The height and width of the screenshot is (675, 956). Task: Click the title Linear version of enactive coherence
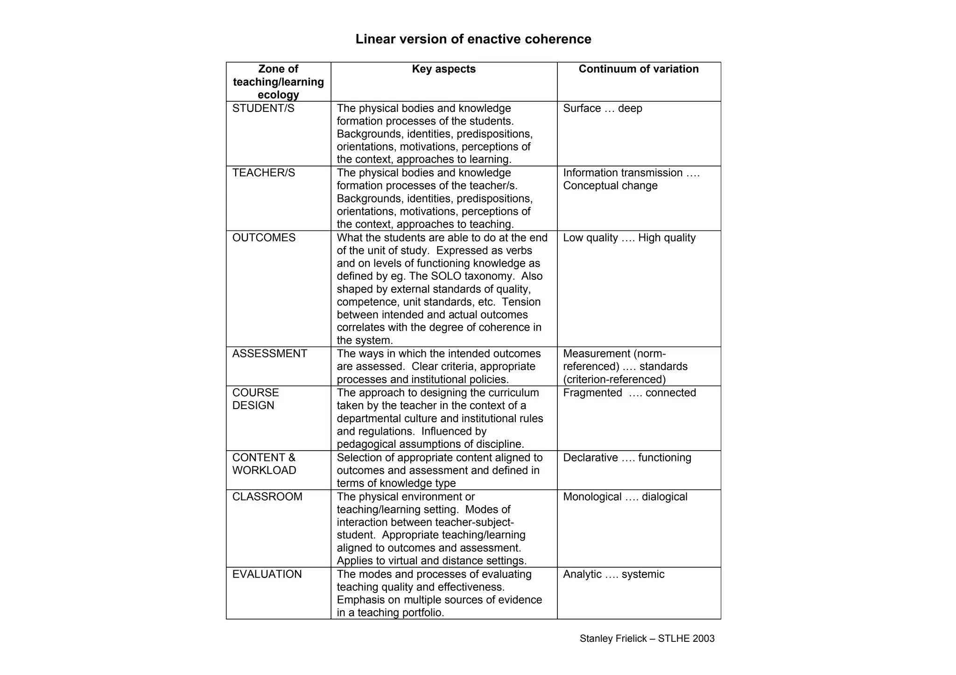coord(473,39)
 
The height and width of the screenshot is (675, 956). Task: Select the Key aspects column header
coord(443,69)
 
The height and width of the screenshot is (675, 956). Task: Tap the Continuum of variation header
coord(638,69)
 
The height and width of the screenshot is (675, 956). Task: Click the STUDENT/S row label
coord(263,108)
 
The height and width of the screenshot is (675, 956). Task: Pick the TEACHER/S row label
coord(264,173)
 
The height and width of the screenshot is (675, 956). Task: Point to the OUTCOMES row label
coord(264,238)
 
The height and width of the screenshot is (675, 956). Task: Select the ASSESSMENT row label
coord(270,354)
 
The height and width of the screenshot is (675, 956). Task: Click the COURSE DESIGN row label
coord(256,399)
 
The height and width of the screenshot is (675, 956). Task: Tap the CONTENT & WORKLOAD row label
coord(264,464)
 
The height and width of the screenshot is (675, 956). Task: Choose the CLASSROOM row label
coord(267,497)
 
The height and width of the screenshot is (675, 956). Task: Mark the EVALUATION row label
coord(267,574)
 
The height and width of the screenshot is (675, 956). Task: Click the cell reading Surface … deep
coord(602,108)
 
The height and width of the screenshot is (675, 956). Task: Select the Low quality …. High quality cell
coord(629,238)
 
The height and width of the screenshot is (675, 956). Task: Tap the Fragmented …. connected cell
coord(629,393)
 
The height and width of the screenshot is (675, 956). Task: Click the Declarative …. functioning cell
coord(627,458)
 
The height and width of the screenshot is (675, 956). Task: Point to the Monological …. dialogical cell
coord(625,497)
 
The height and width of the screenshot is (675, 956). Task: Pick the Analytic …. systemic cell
coord(613,574)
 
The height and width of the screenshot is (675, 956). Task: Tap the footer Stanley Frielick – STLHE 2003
coord(647,639)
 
